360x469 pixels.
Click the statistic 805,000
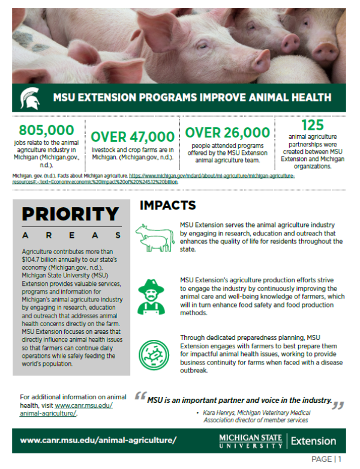click(x=47, y=130)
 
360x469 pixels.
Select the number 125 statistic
click(x=312, y=126)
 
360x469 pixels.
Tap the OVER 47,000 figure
click(x=133, y=136)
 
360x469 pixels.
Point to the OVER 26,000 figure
click(x=227, y=132)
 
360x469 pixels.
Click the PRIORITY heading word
click(x=70, y=214)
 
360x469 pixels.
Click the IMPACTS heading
click(x=167, y=205)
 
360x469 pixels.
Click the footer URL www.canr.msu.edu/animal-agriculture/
click(x=98, y=440)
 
